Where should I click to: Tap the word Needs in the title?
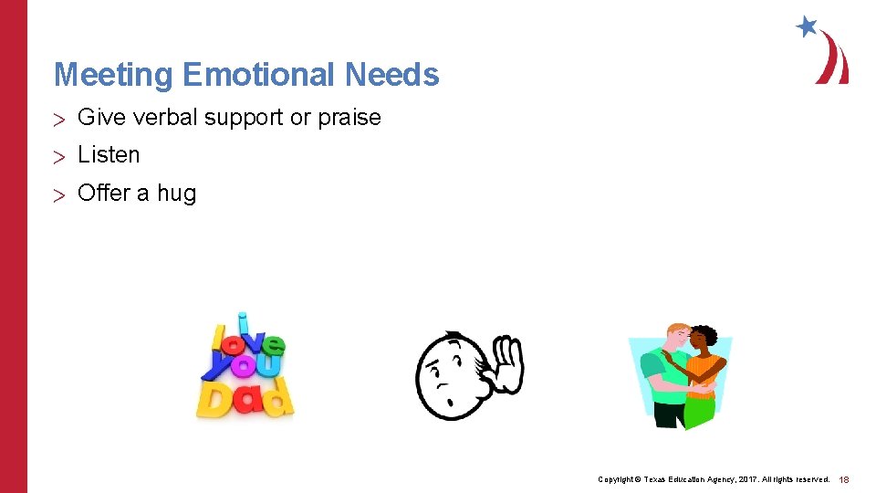point(391,75)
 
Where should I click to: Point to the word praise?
point(349,118)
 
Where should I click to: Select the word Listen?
point(109,155)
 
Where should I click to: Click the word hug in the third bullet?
point(176,194)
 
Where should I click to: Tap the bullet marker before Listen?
point(60,156)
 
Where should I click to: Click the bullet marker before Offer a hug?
point(60,194)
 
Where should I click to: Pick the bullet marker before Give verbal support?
point(60,118)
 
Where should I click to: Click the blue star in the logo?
point(806,26)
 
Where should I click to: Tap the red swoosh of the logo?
point(833,59)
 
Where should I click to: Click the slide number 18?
point(844,479)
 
